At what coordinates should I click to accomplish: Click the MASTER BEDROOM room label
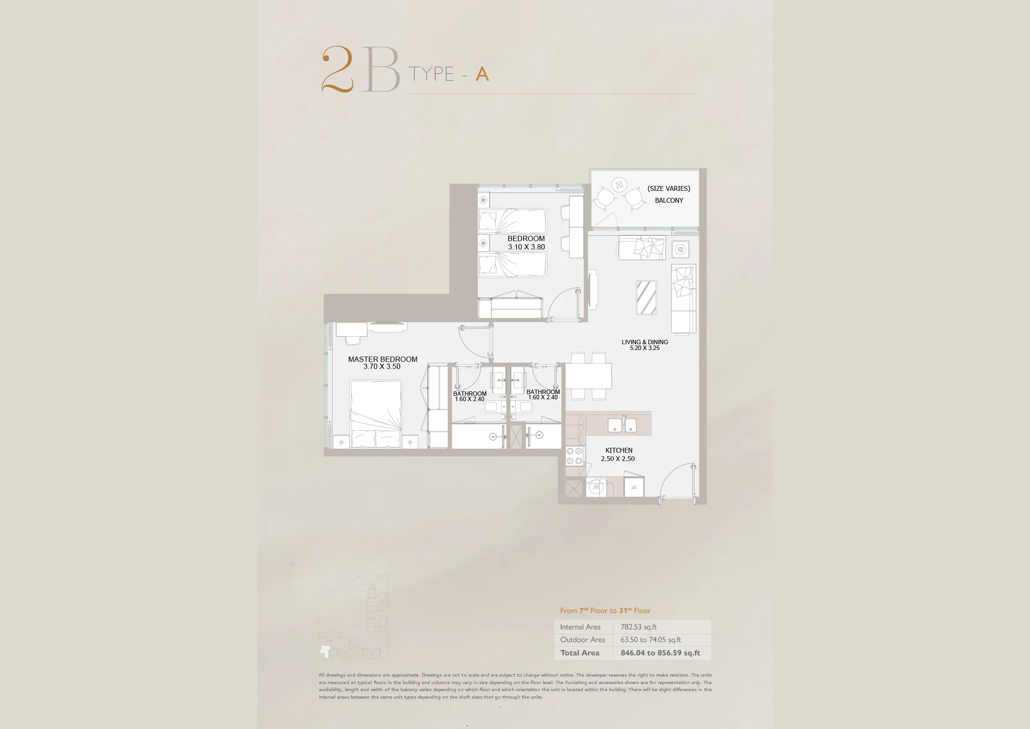click(x=383, y=359)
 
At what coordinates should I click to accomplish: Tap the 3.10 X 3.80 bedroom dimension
click(x=526, y=247)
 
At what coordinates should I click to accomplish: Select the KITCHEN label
click(x=619, y=450)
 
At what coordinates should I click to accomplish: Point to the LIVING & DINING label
click(x=645, y=342)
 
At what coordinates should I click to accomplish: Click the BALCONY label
click(x=669, y=201)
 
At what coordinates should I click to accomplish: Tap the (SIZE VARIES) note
click(x=668, y=189)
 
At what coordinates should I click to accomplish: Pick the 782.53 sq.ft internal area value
click(x=639, y=627)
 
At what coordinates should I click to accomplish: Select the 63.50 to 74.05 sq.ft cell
click(x=650, y=640)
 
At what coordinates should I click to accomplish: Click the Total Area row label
click(x=580, y=653)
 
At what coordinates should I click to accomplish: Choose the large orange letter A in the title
click(x=482, y=74)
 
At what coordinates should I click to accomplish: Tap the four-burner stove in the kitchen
click(x=574, y=456)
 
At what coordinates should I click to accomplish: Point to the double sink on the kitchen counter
click(x=622, y=424)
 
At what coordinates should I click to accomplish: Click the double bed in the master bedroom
click(x=376, y=414)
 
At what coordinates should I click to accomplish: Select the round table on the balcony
click(x=620, y=185)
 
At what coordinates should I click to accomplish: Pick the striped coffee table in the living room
click(x=646, y=298)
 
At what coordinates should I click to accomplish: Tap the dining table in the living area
click(x=588, y=376)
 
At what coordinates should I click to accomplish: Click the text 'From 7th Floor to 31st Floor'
click(x=605, y=610)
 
